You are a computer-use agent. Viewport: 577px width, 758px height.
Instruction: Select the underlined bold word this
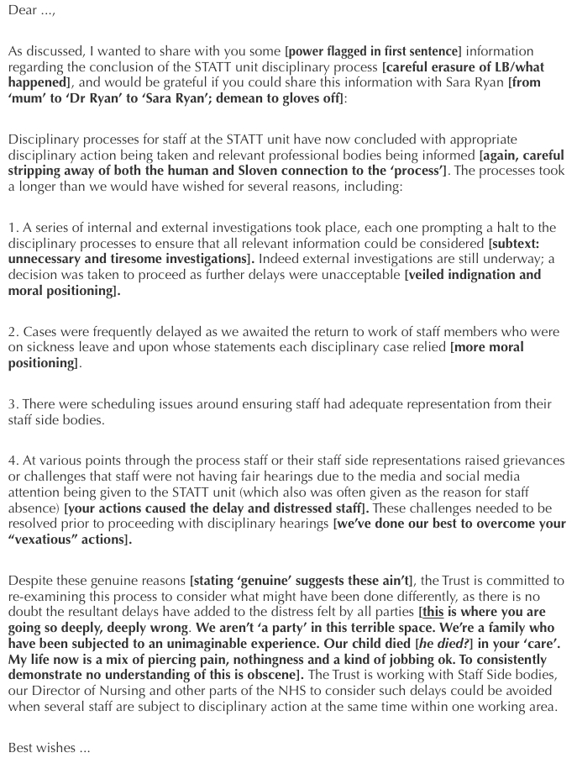click(433, 612)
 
